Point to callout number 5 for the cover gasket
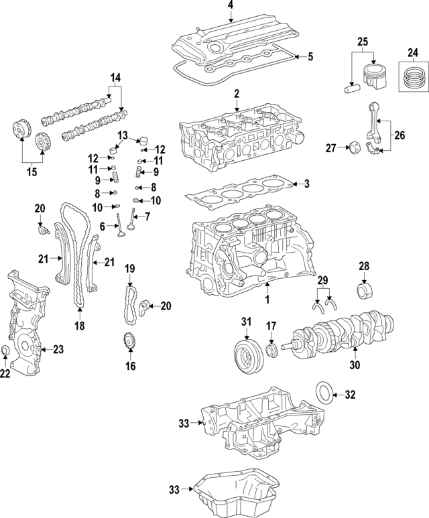click(310, 57)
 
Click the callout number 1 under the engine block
click(266, 298)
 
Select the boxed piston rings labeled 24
click(413, 79)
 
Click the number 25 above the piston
click(363, 42)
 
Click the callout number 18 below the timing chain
click(79, 326)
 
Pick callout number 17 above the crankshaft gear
click(271, 326)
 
